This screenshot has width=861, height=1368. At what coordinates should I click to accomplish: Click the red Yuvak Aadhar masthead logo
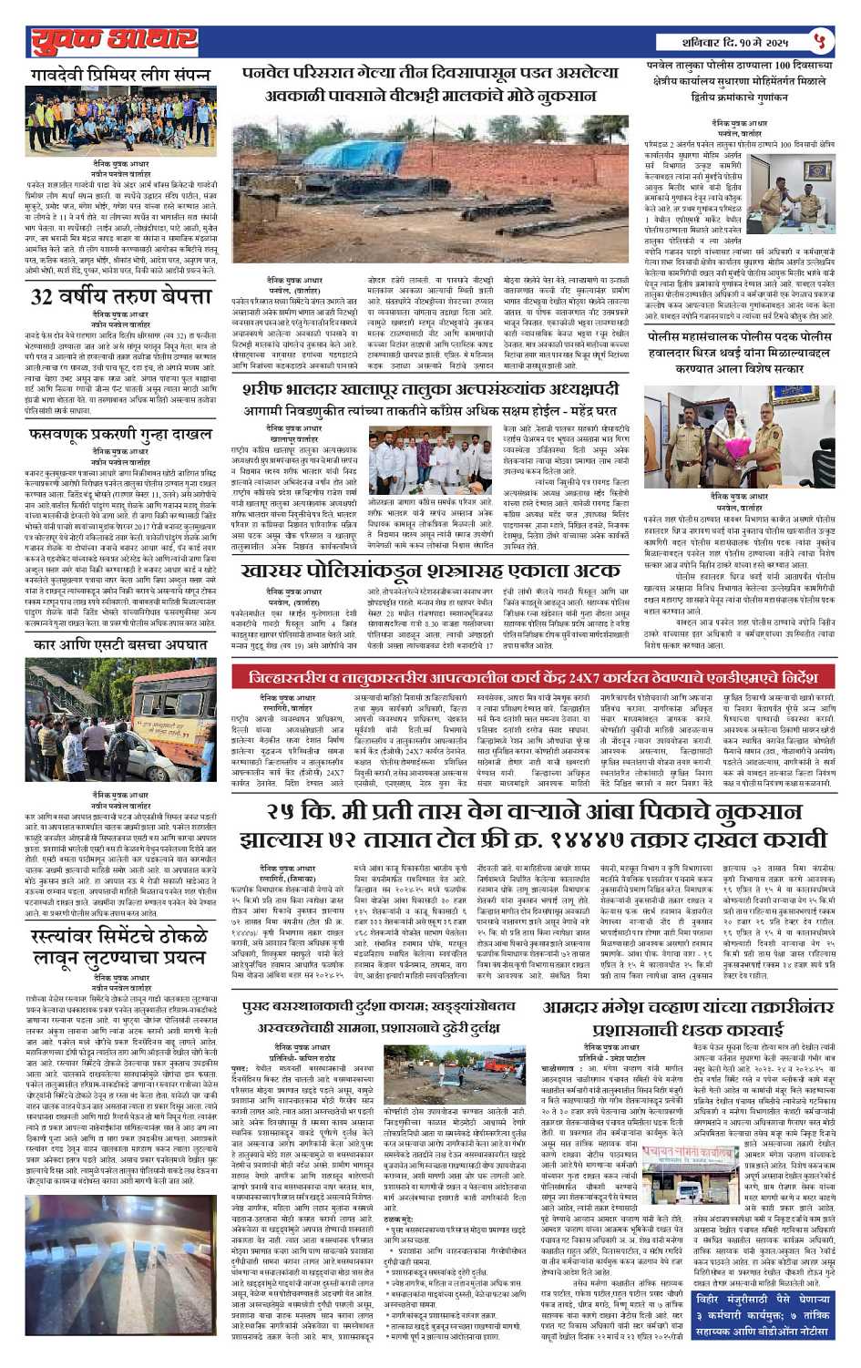(114, 41)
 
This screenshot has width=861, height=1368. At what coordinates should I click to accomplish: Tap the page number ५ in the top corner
(821, 41)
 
